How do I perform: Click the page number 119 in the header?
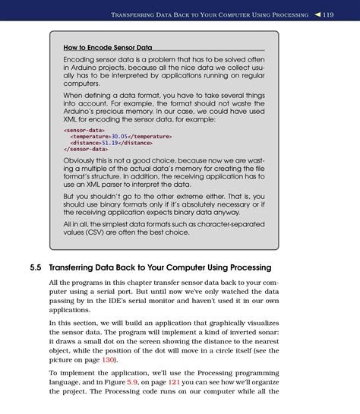[x=327, y=14]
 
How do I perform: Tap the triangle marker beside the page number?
[x=314, y=14]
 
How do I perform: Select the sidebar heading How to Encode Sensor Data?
[x=108, y=48]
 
